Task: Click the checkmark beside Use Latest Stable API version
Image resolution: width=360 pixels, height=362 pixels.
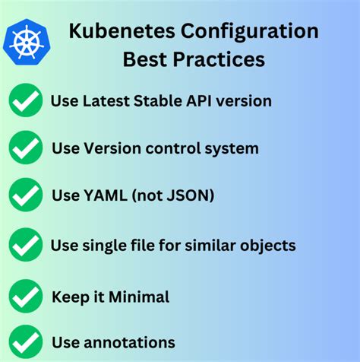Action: click(x=26, y=101)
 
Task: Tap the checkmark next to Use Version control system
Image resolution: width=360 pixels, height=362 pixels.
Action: click(x=26, y=148)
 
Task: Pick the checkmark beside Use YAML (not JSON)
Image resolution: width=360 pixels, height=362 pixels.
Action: click(x=26, y=195)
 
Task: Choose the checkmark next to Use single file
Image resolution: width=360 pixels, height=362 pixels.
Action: click(x=26, y=245)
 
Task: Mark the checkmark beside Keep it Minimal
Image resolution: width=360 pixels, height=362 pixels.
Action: click(x=26, y=296)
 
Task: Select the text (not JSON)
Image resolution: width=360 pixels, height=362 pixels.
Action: click(x=172, y=196)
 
